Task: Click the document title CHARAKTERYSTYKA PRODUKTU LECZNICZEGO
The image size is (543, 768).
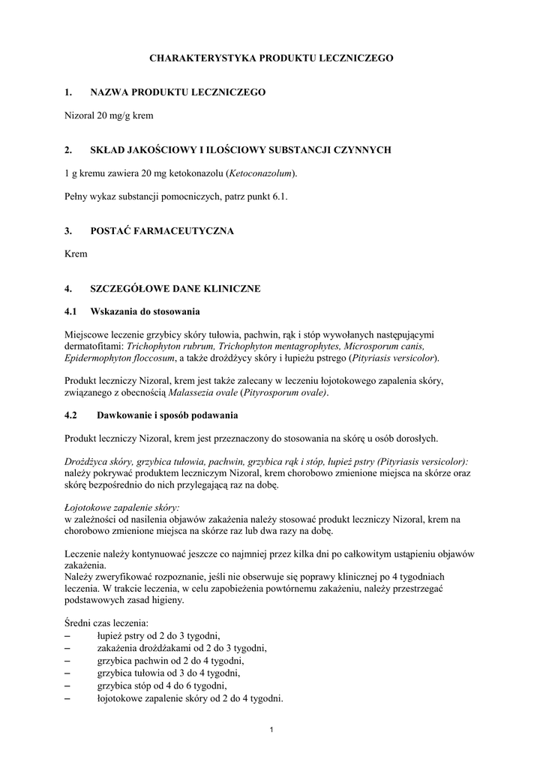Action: click(271, 57)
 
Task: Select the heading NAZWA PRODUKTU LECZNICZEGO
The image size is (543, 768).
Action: click(178, 92)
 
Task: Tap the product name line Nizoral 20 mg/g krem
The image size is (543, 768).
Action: click(109, 115)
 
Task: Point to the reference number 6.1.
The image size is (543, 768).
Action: click(279, 196)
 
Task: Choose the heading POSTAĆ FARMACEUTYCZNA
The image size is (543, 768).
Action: click(162, 231)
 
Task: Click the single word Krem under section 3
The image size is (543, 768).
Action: click(76, 254)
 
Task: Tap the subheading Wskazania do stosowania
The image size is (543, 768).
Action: click(145, 311)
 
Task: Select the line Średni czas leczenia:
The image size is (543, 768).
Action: click(106, 623)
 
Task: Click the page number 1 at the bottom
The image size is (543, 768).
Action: click(271, 731)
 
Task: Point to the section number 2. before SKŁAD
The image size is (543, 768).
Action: click(68, 150)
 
